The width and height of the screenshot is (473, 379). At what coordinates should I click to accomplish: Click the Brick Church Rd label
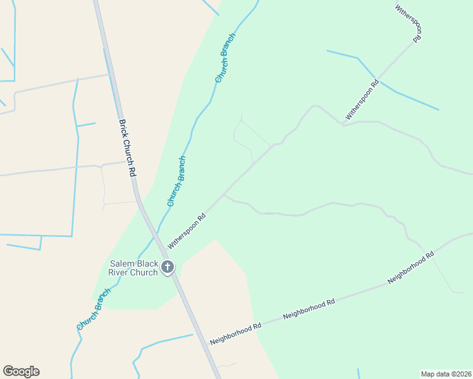pos(128,148)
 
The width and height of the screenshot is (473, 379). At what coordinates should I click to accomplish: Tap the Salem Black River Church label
pos(135,268)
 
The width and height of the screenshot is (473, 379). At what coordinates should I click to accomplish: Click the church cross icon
pos(168,267)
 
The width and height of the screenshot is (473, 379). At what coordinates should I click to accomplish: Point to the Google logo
pos(21,371)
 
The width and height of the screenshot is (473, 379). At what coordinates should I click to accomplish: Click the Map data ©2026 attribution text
pos(446,374)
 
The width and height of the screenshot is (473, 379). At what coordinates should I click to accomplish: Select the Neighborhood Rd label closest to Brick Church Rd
pos(235,334)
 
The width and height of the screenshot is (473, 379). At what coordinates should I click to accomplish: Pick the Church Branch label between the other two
pos(176,181)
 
